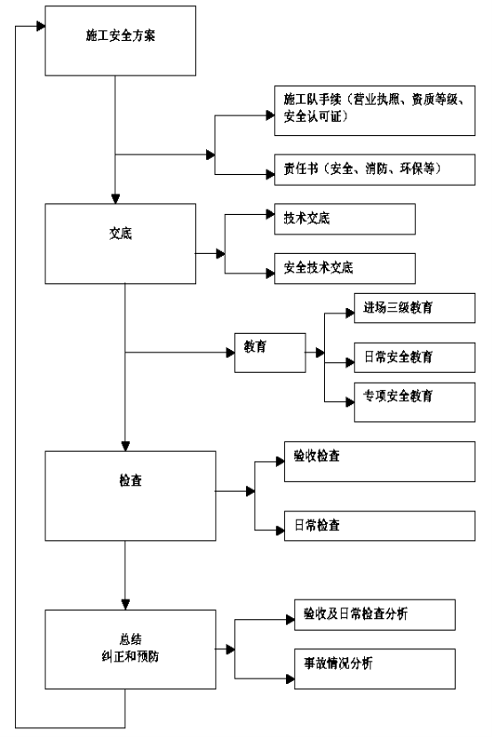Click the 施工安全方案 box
(x=120, y=41)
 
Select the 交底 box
(x=120, y=244)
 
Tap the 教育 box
(x=270, y=353)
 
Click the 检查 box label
(x=131, y=480)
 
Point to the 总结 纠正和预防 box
(x=131, y=649)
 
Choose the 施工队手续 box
(x=375, y=111)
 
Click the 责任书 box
(x=375, y=170)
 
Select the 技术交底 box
(x=345, y=218)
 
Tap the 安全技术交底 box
(x=345, y=268)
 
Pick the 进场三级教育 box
(x=415, y=308)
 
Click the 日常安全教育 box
(x=415, y=358)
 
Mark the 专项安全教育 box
(x=415, y=402)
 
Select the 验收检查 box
(x=379, y=461)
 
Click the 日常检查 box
(x=379, y=526)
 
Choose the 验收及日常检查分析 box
(x=374, y=615)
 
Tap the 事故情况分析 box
(x=374, y=669)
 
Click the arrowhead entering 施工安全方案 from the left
(x=41, y=26)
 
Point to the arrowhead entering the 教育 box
(x=230, y=353)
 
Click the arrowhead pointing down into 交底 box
(x=115, y=199)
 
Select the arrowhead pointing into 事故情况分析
(x=290, y=678)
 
